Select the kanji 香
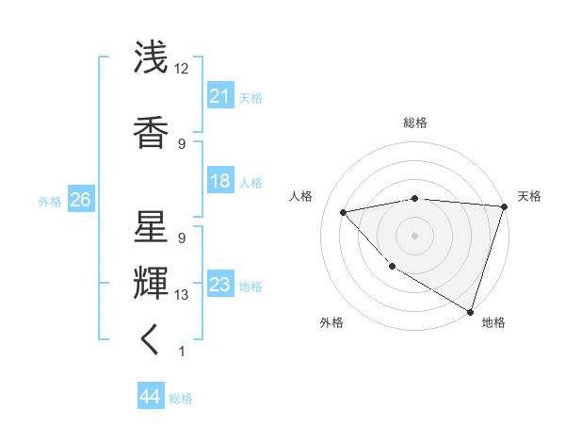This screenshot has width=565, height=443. pyautogui.click(x=151, y=132)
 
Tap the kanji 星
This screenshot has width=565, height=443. pyautogui.click(x=151, y=227)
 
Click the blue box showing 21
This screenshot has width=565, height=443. pyautogui.click(x=220, y=95)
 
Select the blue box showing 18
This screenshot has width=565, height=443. pyautogui.click(x=220, y=182)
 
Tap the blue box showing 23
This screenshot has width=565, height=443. pyautogui.click(x=220, y=286)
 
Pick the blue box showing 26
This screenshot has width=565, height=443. pyautogui.click(x=80, y=200)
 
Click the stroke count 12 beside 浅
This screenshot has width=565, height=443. pyautogui.click(x=182, y=69)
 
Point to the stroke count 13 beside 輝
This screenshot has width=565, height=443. pyautogui.click(x=182, y=295)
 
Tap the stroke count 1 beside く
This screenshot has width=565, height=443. pyautogui.click(x=181, y=352)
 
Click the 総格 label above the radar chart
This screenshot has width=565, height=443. pyautogui.click(x=414, y=123)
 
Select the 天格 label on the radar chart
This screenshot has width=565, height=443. pyautogui.click(x=529, y=196)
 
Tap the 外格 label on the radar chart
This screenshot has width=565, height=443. pyautogui.click(x=331, y=322)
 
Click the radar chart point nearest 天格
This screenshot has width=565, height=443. pyautogui.click(x=504, y=206)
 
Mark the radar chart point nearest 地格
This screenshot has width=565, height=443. pyautogui.click(x=469, y=310)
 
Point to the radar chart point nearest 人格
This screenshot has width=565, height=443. pyautogui.click(x=344, y=212)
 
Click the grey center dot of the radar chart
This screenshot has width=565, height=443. pyautogui.click(x=414, y=235)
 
